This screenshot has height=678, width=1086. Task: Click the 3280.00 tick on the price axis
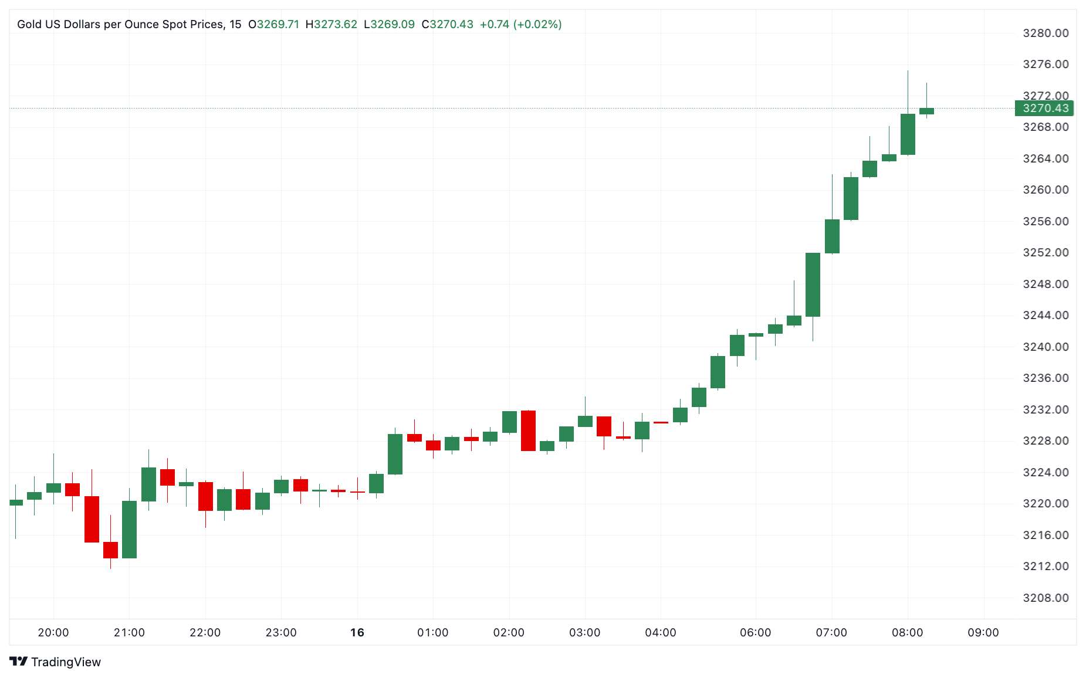(1046, 33)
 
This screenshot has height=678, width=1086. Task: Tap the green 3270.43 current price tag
(1045, 108)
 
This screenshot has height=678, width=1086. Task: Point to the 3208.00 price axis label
(1046, 598)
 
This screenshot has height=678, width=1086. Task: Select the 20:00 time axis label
(53, 632)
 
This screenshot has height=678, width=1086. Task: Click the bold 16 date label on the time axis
(357, 632)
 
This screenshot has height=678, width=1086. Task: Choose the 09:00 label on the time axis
(983, 632)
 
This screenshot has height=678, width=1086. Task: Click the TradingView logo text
(66, 662)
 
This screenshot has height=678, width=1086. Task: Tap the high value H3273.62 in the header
(331, 24)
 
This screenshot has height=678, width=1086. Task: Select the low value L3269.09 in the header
(389, 24)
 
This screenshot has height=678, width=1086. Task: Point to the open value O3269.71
(273, 24)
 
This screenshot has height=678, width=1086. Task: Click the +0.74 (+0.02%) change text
(520, 24)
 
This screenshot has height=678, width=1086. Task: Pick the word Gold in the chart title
(29, 24)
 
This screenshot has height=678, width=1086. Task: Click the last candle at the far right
(926, 111)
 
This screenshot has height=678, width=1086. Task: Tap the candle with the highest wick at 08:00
(908, 134)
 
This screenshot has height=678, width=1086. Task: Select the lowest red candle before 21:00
(110, 550)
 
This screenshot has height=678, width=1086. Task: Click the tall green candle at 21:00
(129, 529)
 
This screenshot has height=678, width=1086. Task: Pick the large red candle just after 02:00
(528, 430)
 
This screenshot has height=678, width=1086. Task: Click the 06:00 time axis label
(755, 632)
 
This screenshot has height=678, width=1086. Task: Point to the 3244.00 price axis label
(1046, 315)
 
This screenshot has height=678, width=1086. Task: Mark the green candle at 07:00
(832, 236)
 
